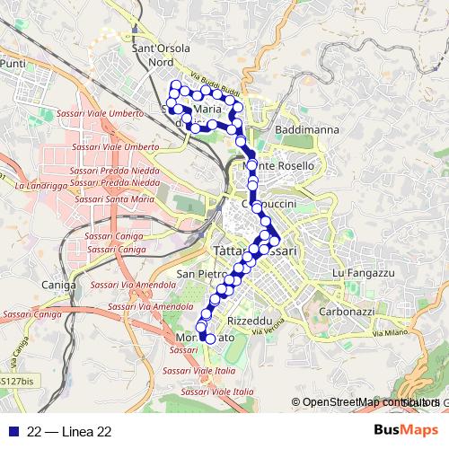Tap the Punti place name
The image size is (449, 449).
click(x=13, y=65)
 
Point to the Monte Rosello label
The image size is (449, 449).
click(x=280, y=166)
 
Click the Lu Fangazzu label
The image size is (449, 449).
click(x=364, y=272)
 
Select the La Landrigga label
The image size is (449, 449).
click(x=41, y=186)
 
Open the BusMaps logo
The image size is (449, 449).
click(x=406, y=432)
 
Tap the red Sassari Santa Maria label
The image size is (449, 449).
click(x=109, y=198)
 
